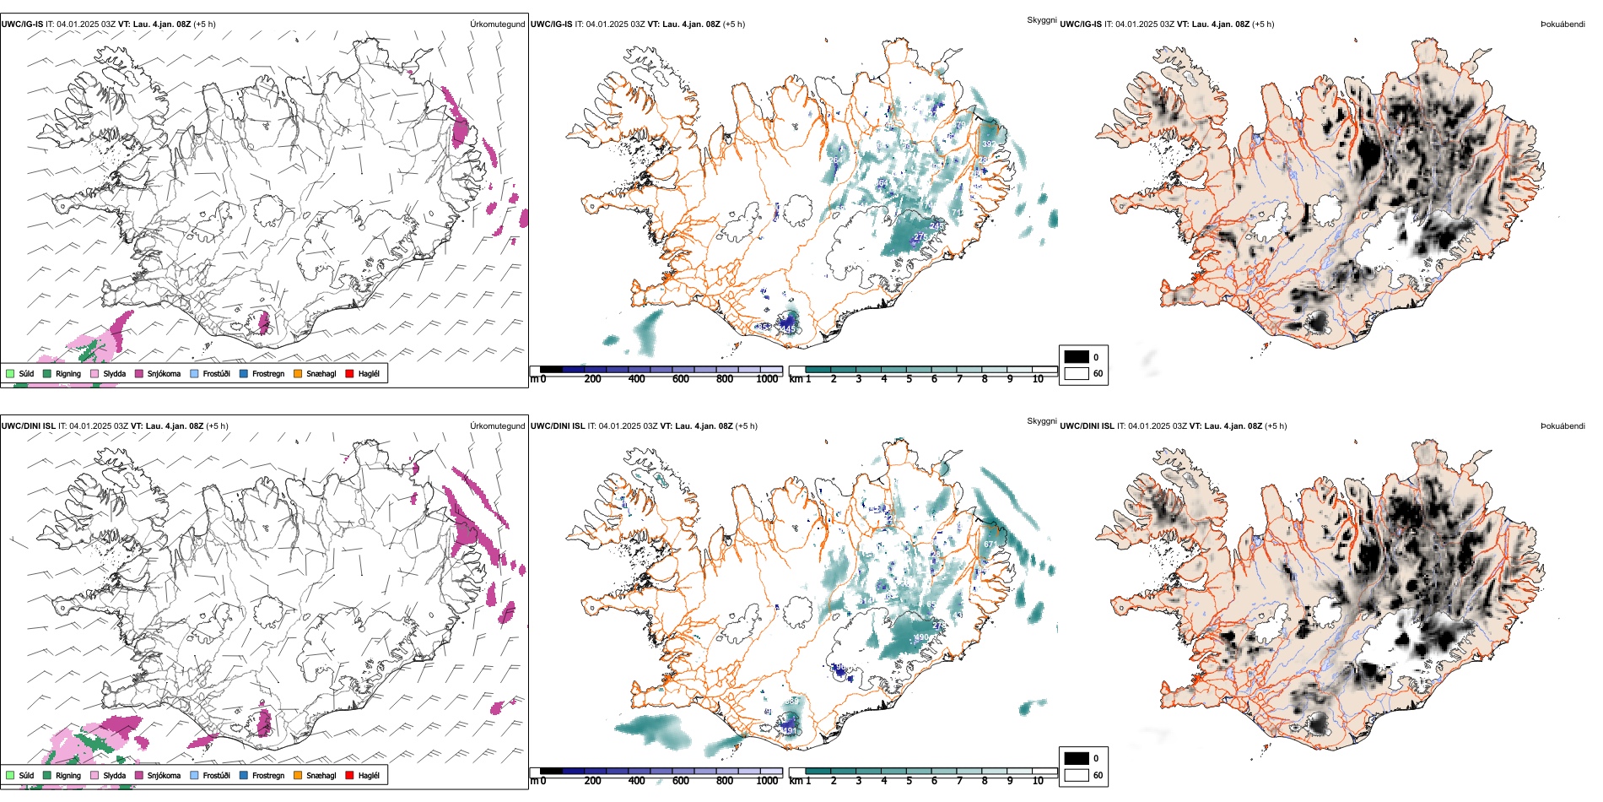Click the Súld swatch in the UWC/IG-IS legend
tap(10, 373)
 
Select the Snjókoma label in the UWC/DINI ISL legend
tap(164, 775)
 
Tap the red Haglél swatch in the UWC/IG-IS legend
tap(349, 373)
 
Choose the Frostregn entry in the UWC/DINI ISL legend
tap(267, 775)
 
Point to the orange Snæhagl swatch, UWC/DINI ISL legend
tap(298, 775)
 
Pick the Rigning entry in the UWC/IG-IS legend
tap(68, 373)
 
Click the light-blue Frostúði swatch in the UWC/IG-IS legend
tap(195, 373)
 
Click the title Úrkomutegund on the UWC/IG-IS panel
tap(497, 24)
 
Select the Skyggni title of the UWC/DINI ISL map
tap(1041, 420)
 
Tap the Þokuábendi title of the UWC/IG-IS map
tap(1563, 24)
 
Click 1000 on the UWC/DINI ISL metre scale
tap(767, 781)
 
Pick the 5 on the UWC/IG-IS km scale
tap(909, 379)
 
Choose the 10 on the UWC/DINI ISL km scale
tap(1038, 781)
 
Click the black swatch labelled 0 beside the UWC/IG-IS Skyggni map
tap(1077, 356)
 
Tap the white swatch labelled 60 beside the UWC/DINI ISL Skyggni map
tap(1077, 774)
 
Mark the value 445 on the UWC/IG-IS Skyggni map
tap(788, 328)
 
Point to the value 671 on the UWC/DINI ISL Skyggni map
tap(990, 545)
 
